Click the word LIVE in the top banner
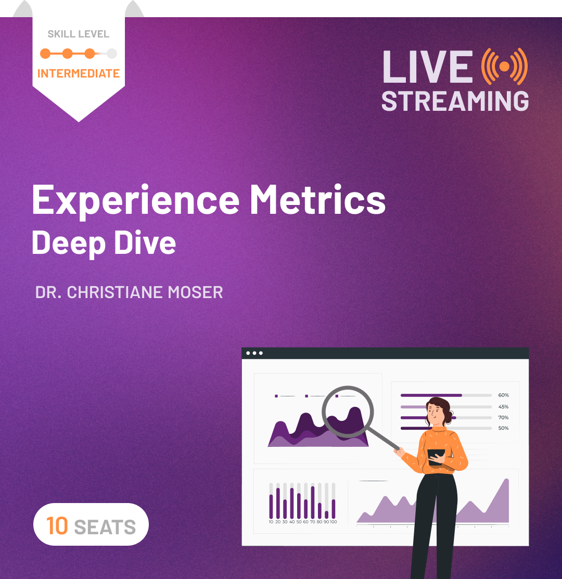[426, 66]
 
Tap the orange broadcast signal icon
[504, 66]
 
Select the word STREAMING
[455, 100]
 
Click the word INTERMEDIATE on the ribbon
[79, 73]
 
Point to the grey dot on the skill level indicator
[112, 53]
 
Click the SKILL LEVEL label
[79, 34]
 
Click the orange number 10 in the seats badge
[57, 525]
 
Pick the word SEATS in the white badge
[105, 527]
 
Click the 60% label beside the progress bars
[503, 395]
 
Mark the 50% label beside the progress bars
[503, 428]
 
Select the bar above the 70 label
[313, 502]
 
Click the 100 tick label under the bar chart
[333, 522]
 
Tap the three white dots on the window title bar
[254, 353]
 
